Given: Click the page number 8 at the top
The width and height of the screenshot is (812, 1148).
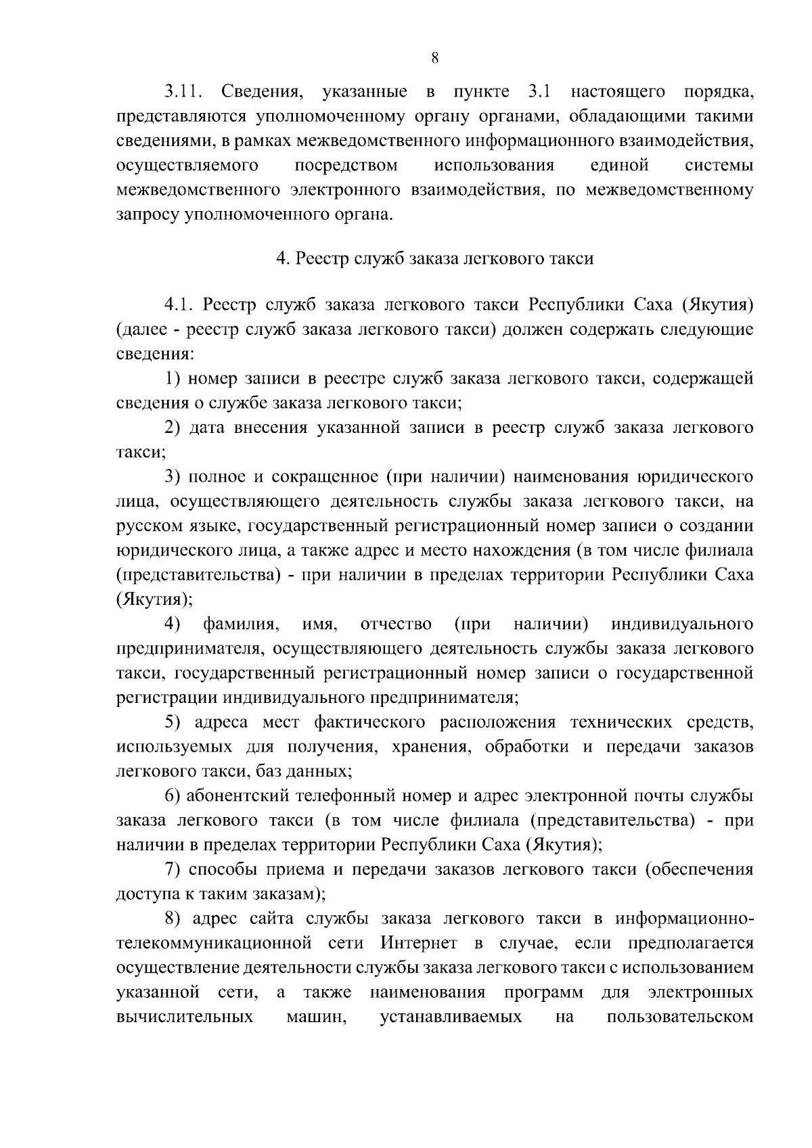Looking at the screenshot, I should click(x=434, y=59).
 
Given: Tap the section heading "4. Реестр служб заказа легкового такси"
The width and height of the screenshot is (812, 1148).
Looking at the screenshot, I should click(x=434, y=258).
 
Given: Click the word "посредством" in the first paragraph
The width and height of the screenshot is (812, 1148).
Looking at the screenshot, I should click(x=346, y=166).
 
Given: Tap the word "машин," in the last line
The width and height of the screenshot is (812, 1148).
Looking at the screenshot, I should click(x=317, y=1017).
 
